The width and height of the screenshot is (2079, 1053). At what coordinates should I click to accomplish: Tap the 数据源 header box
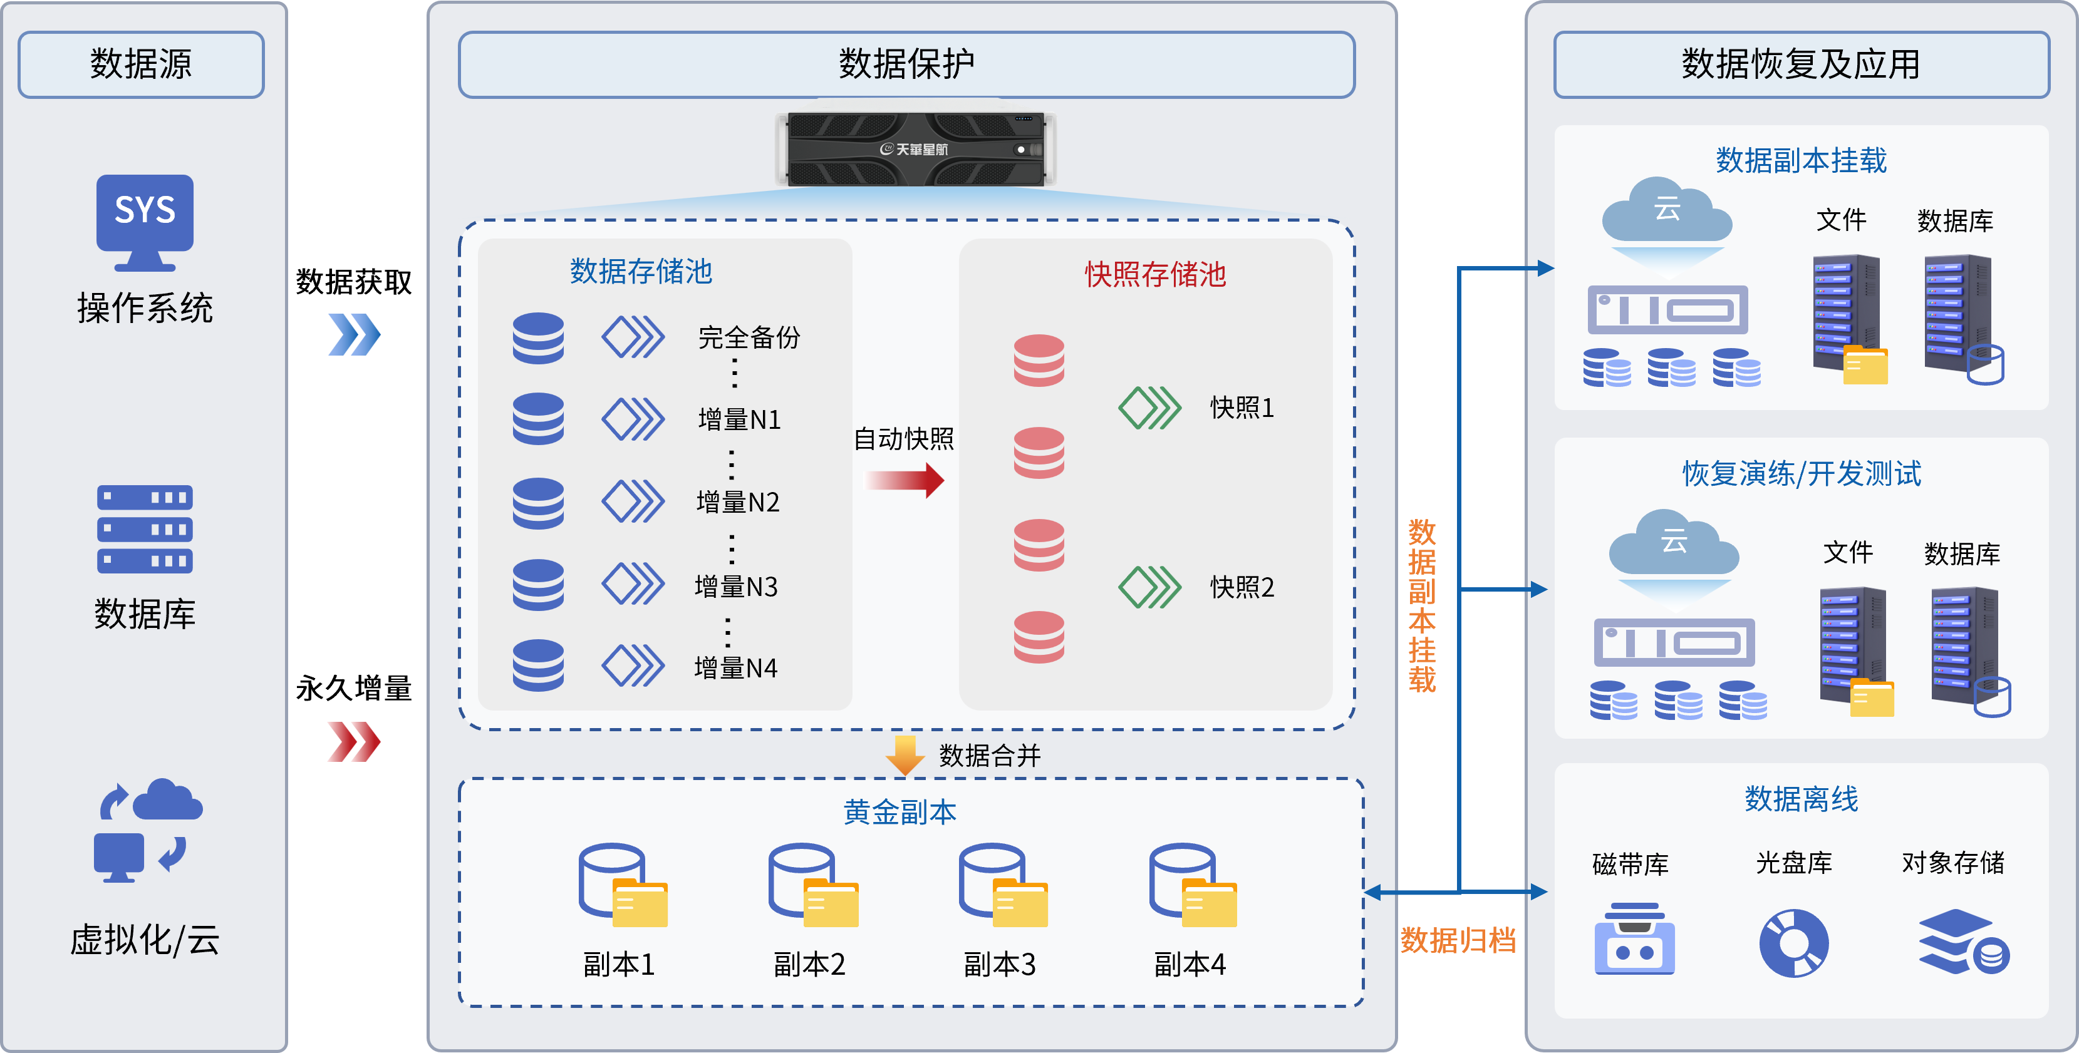(x=141, y=64)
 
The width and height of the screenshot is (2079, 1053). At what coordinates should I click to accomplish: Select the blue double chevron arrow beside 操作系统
(x=353, y=334)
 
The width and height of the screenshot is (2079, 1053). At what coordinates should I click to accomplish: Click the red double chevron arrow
(x=353, y=741)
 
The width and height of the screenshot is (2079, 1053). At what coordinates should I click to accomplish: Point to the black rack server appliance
(x=915, y=149)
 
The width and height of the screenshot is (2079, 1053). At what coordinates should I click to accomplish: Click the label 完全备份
(x=749, y=337)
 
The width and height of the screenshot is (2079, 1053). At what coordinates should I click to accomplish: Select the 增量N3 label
(x=736, y=587)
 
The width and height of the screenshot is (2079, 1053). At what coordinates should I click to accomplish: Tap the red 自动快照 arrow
(x=905, y=480)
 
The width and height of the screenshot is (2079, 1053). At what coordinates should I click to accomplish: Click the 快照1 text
(x=1242, y=408)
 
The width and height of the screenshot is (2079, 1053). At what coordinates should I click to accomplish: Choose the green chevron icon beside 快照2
(x=1149, y=587)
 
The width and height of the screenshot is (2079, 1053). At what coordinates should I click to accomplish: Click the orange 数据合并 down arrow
(x=905, y=754)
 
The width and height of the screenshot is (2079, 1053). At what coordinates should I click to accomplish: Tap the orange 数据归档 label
(x=1458, y=940)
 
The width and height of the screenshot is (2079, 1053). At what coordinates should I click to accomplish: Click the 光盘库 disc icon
(x=1793, y=942)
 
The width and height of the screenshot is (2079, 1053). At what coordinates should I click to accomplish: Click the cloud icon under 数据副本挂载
(x=1667, y=212)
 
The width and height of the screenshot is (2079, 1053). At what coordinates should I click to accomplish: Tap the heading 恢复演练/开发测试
(x=1802, y=474)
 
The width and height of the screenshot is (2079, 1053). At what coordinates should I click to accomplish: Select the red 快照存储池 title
(x=1155, y=274)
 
